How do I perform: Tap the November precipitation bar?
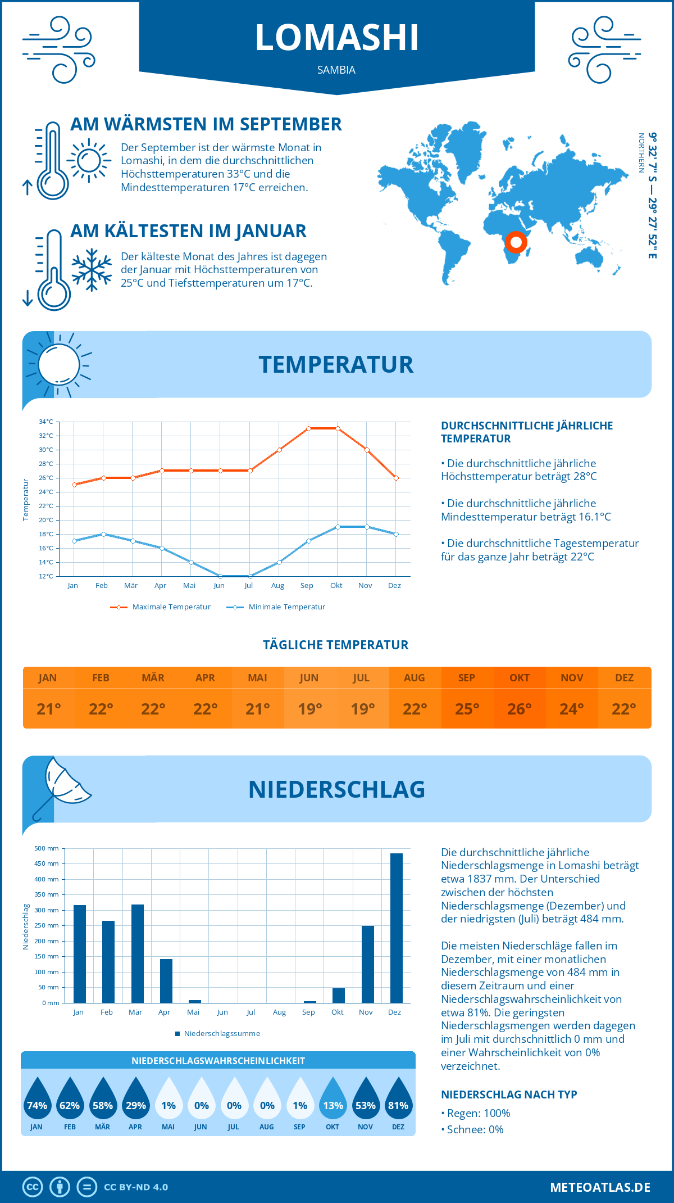(367, 964)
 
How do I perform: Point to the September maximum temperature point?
(308, 428)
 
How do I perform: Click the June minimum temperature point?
(220, 576)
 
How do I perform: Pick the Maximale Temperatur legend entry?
(161, 607)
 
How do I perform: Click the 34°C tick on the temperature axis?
(46, 422)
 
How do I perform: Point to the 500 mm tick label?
(47, 848)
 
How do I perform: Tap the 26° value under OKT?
(519, 709)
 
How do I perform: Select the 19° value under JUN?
(309, 709)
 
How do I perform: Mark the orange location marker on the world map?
(516, 242)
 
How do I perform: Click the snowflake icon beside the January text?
(92, 270)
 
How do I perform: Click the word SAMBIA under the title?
(336, 70)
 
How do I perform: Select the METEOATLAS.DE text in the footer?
(600, 1187)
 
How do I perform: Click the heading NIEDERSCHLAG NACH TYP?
(509, 1095)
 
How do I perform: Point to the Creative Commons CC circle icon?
(33, 1187)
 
